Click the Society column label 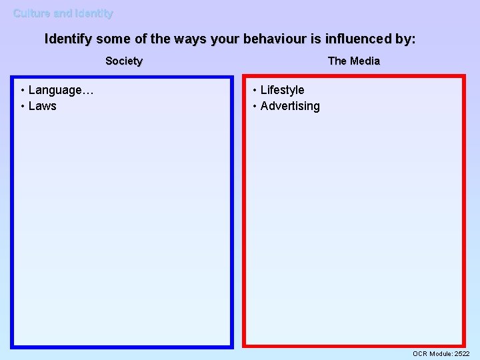click(124, 61)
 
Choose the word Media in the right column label click(365, 61)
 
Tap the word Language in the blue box click(55, 90)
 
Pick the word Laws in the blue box click(43, 106)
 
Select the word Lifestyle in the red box click(282, 90)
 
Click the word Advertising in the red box click(290, 106)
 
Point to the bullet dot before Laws click(23, 106)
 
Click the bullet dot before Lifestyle click(255, 90)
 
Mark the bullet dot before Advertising click(255, 106)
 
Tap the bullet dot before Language click(23, 90)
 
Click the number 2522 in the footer click(462, 353)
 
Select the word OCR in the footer click(420, 353)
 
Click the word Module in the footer click(441, 353)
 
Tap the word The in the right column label click(337, 61)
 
